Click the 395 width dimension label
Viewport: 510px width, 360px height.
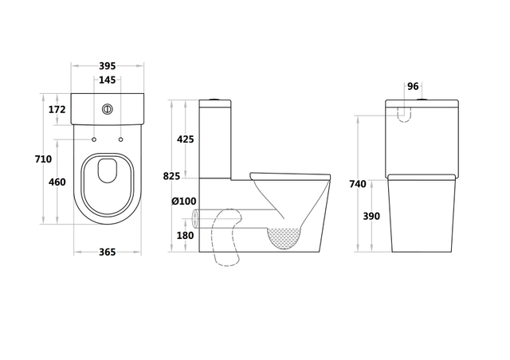click(x=108, y=66)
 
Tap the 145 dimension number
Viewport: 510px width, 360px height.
click(x=108, y=80)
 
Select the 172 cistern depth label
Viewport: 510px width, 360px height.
click(x=57, y=110)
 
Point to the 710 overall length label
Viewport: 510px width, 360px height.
click(x=43, y=159)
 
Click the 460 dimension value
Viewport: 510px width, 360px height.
click(x=57, y=182)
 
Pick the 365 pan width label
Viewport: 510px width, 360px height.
click(x=108, y=252)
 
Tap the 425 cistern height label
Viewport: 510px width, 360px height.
click(x=186, y=139)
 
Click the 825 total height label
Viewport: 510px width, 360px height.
click(x=171, y=176)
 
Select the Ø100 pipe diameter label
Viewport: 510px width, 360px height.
click(x=184, y=202)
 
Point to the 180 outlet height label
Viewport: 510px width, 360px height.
click(x=186, y=235)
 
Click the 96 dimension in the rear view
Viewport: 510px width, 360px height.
click(x=413, y=87)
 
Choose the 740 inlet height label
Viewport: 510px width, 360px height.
click(x=358, y=184)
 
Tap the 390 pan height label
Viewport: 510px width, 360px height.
click(x=371, y=216)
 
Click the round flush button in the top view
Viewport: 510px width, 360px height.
click(x=108, y=109)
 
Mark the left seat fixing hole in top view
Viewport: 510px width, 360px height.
click(x=94, y=139)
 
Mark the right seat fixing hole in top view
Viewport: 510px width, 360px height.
click(x=120, y=139)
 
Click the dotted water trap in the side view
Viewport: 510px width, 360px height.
click(x=284, y=237)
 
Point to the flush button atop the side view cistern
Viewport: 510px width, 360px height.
click(x=215, y=99)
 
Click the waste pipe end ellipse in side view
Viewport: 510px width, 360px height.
click(x=195, y=218)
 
